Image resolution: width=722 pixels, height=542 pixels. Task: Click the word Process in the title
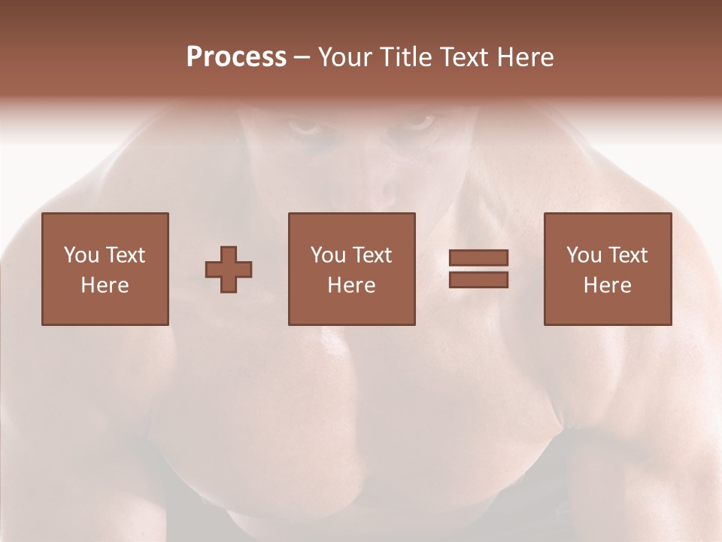tap(236, 57)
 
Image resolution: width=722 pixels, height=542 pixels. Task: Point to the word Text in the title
tap(465, 57)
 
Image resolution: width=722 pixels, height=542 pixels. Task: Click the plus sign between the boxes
tap(229, 269)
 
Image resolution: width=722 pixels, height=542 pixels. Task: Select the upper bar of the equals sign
tap(478, 257)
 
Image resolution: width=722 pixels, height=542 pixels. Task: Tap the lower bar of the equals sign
tap(478, 280)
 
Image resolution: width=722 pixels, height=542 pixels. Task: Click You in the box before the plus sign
tap(82, 255)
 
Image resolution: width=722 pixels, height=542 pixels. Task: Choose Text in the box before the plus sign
tap(124, 255)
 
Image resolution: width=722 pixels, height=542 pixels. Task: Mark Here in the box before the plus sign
tap(105, 285)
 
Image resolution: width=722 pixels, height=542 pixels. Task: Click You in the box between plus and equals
tap(329, 255)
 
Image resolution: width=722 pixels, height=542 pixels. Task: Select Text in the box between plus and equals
tap(371, 255)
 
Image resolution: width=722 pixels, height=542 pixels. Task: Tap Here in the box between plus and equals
tap(351, 285)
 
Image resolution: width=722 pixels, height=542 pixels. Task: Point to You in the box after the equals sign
tap(584, 255)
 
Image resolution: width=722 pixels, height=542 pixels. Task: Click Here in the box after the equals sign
tap(607, 285)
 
